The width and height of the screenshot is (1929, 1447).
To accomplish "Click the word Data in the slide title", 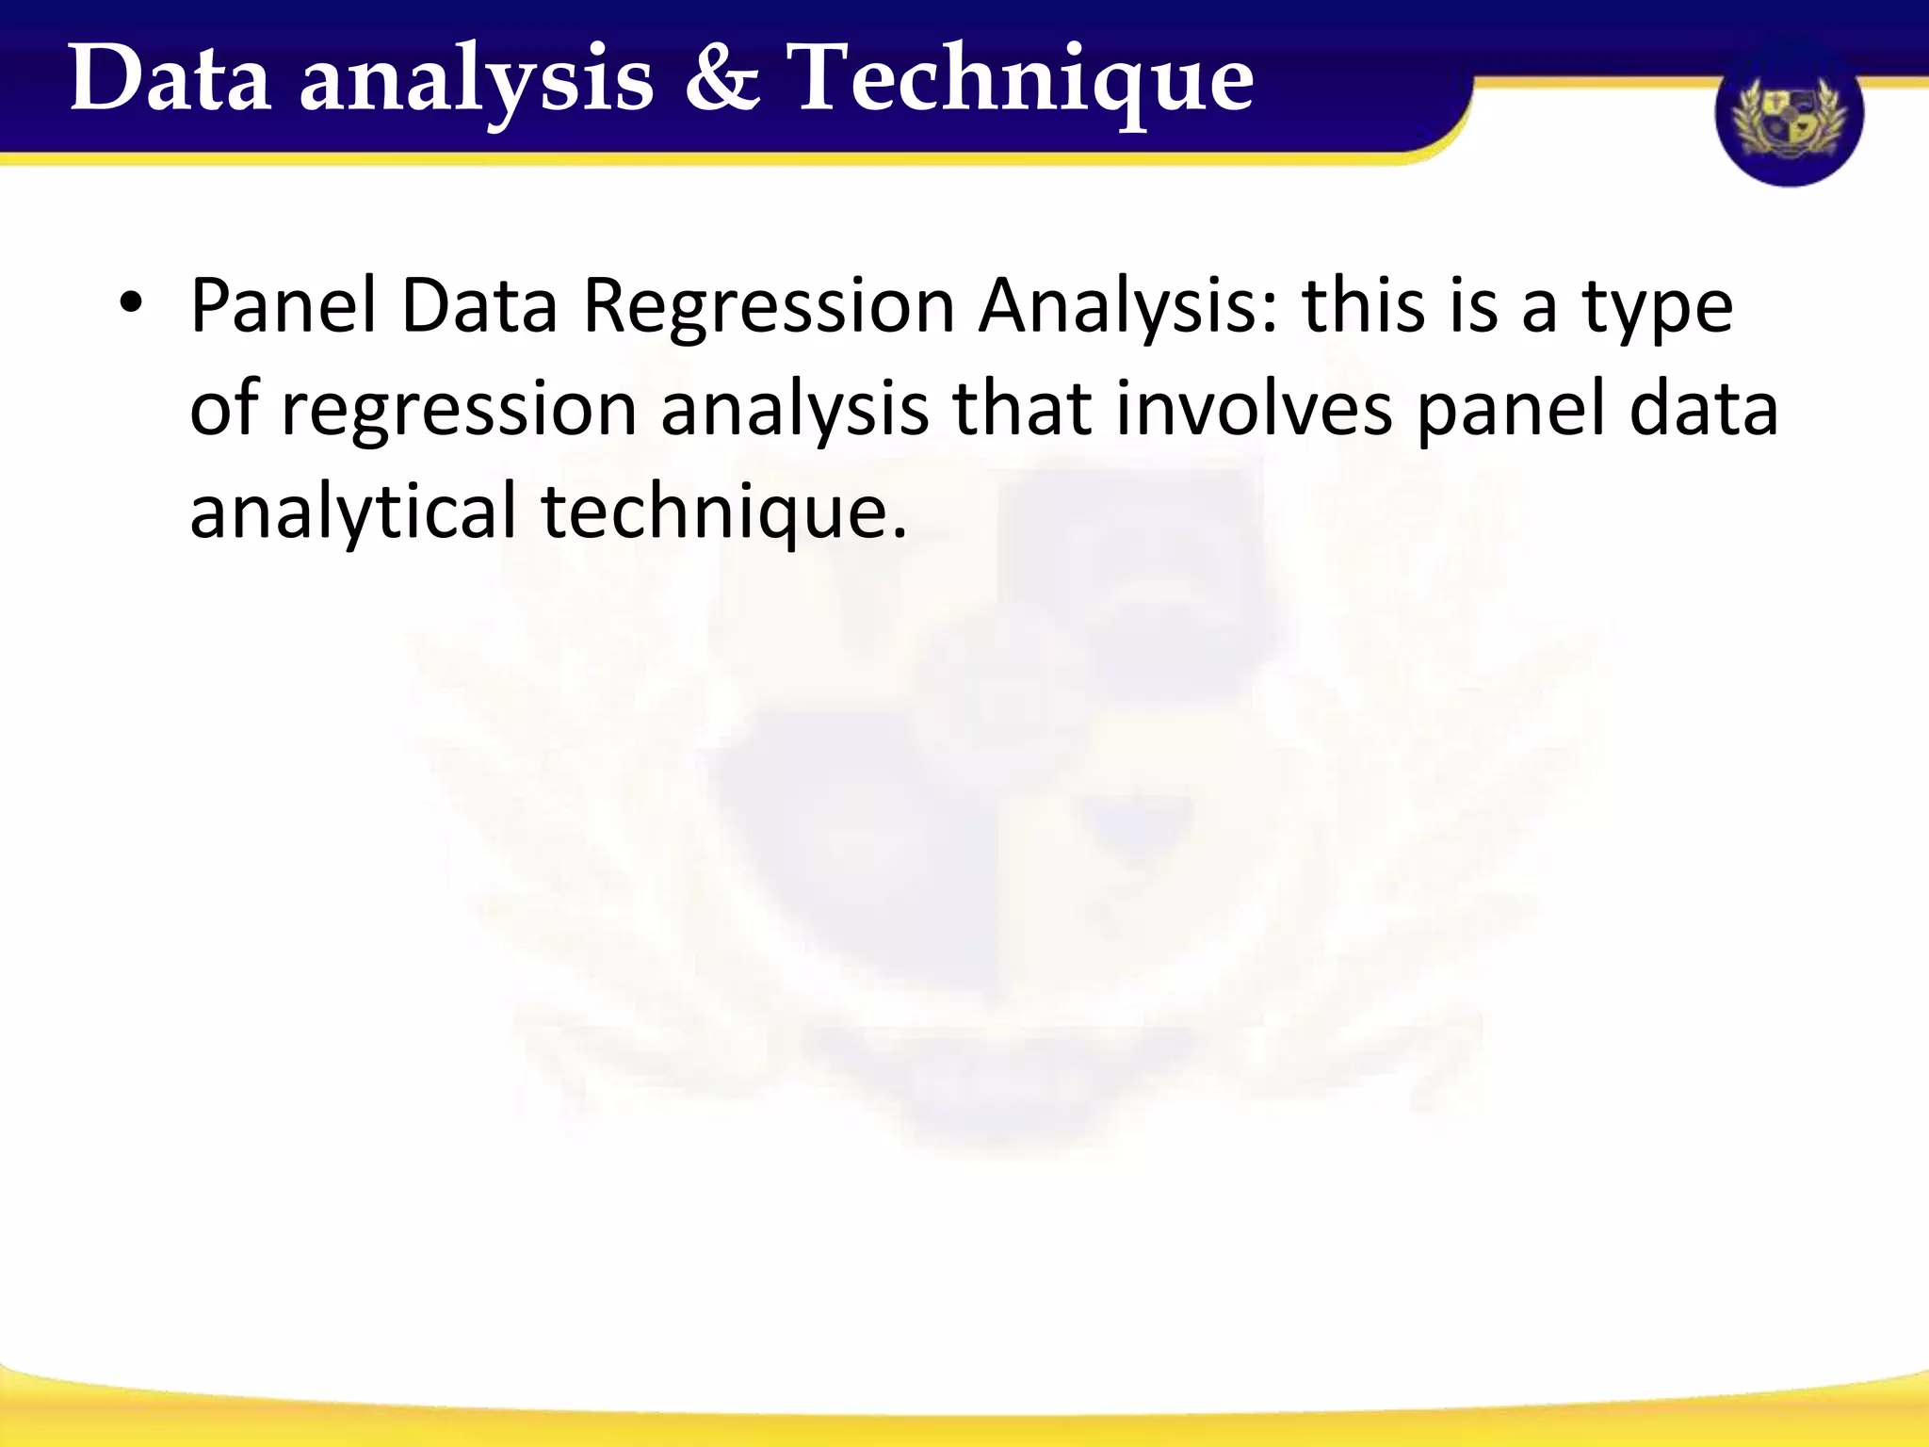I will click(x=170, y=79).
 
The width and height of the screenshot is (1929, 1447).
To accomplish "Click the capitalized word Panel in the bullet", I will click(x=284, y=305).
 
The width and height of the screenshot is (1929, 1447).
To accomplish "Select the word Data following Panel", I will click(x=478, y=305).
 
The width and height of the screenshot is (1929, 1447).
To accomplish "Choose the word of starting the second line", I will click(x=224, y=409).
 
